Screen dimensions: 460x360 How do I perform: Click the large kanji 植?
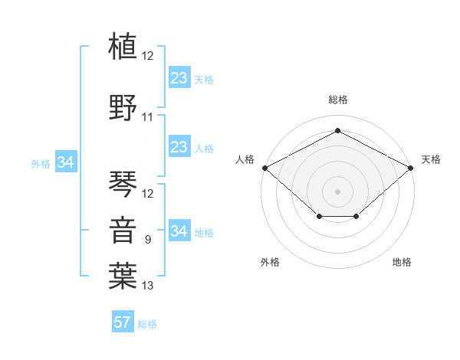pos(123,46)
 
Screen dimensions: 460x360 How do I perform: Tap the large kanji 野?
pos(123,107)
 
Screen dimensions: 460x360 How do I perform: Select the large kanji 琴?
pos(123,184)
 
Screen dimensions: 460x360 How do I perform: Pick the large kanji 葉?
pos(123,276)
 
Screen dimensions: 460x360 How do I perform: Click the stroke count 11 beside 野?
pos(147,117)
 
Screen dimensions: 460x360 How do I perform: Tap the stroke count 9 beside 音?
pos(148,240)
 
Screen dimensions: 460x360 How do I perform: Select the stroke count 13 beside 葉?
pos(147,285)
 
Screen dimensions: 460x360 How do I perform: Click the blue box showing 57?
pos(123,321)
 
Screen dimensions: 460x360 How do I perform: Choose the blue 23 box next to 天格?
pos(179,77)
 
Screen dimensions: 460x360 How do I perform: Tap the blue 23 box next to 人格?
pos(179,146)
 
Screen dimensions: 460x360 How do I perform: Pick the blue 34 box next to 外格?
pos(66,162)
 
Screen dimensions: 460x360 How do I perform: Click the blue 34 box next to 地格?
pos(179,230)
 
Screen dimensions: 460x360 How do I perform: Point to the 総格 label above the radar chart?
pos(338,100)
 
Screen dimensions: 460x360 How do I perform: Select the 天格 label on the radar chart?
pos(431,159)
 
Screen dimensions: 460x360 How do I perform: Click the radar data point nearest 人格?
pos(265,168)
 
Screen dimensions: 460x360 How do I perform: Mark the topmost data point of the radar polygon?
pos(337,130)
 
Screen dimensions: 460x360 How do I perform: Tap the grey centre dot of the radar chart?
pos(337,191)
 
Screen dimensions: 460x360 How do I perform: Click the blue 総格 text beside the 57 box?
pos(147,324)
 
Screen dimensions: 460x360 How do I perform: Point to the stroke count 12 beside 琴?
pos(147,194)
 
